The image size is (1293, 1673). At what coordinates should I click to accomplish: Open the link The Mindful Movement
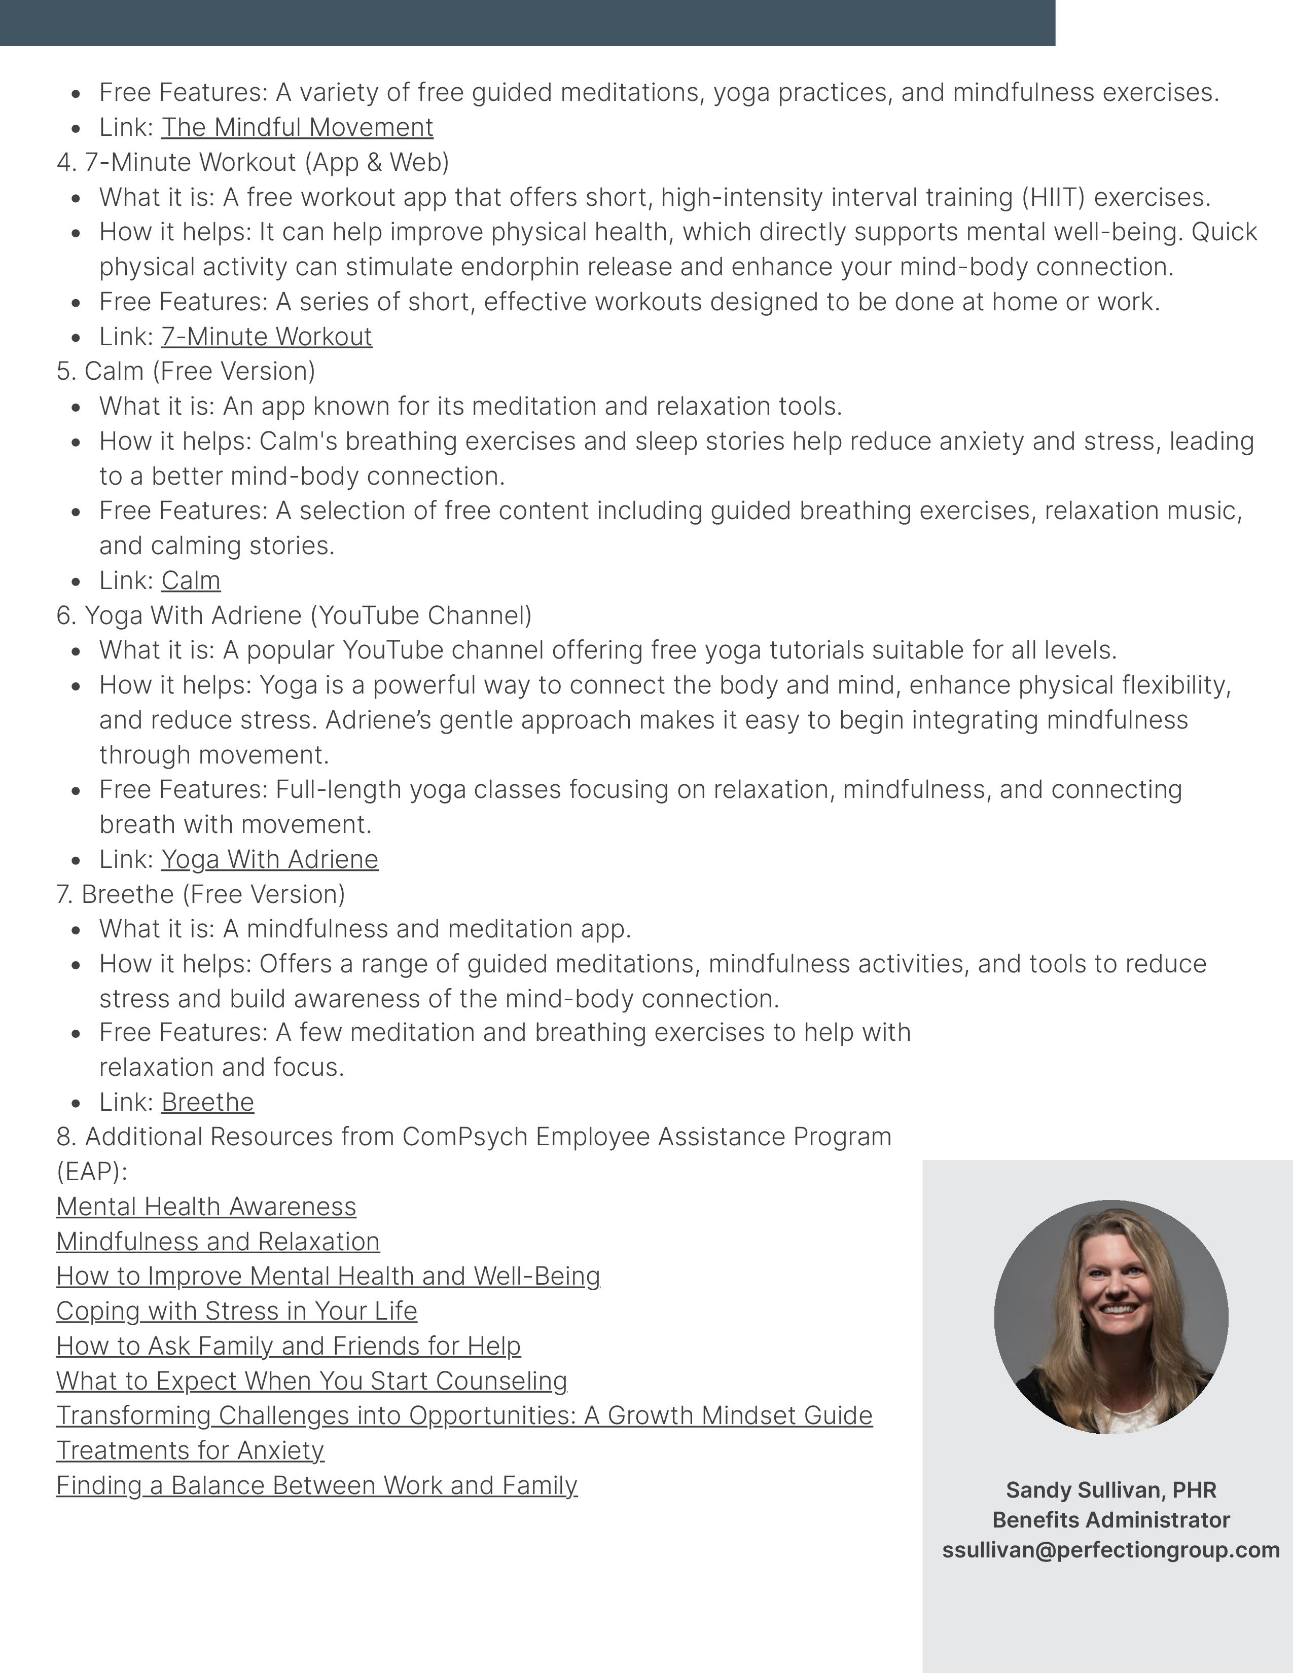point(297,127)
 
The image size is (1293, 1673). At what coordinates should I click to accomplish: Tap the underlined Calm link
point(191,580)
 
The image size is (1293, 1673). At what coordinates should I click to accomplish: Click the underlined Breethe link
point(207,1102)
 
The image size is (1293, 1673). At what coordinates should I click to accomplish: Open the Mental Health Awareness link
point(206,1207)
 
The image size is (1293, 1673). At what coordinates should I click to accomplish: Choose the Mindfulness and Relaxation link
point(218,1242)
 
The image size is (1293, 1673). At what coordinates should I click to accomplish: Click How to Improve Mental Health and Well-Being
point(328,1276)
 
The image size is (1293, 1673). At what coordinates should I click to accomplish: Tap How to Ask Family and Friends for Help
point(288,1346)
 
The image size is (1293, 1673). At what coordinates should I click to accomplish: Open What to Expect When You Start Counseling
point(311,1381)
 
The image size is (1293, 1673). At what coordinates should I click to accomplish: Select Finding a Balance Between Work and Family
point(316,1485)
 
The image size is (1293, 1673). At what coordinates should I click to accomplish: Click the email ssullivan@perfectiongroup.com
point(1110,1550)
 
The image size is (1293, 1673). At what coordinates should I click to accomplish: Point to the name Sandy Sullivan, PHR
point(1110,1490)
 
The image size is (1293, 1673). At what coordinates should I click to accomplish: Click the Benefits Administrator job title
point(1110,1520)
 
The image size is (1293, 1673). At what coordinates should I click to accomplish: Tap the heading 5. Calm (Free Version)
point(186,371)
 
